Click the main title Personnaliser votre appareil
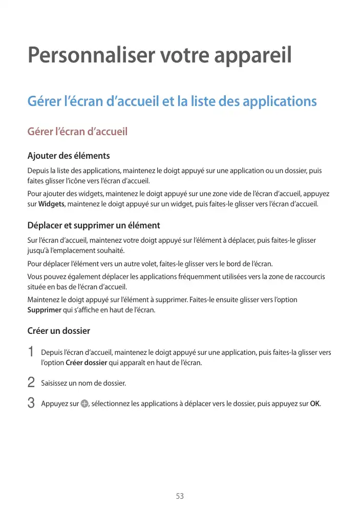click(x=159, y=56)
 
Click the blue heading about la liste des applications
click(x=172, y=101)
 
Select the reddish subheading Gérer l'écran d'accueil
click(x=77, y=132)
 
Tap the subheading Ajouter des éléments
click(x=68, y=156)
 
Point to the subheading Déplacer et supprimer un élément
click(x=93, y=225)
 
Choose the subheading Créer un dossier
click(x=58, y=331)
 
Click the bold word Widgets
click(x=52, y=204)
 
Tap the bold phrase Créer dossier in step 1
click(x=87, y=363)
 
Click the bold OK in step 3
click(x=315, y=404)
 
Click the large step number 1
click(x=31, y=353)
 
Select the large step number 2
click(x=31, y=383)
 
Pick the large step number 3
click(x=31, y=403)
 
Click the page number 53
click(x=180, y=496)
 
